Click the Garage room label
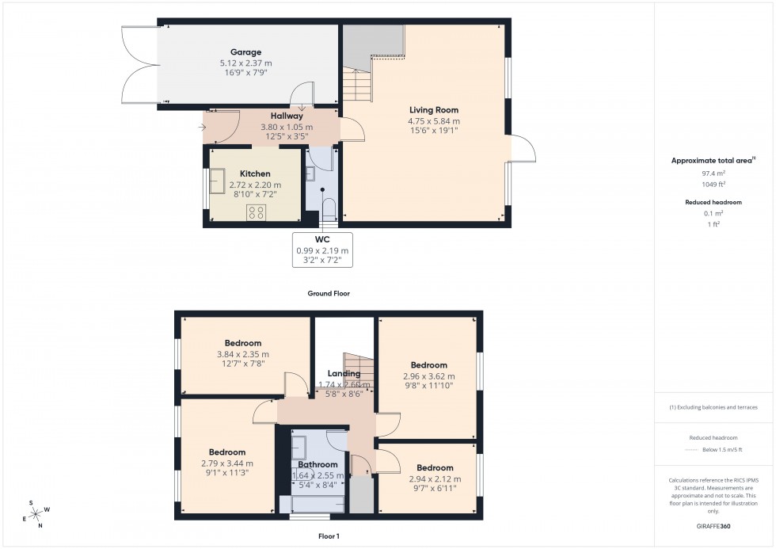(245, 52)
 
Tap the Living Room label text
(433, 110)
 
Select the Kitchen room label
(255, 173)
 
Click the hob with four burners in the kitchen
(256, 212)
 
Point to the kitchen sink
(215, 182)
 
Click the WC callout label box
(322, 250)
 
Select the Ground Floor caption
(329, 293)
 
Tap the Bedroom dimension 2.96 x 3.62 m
(428, 376)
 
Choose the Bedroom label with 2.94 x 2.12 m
(435, 467)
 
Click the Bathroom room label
(318, 464)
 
